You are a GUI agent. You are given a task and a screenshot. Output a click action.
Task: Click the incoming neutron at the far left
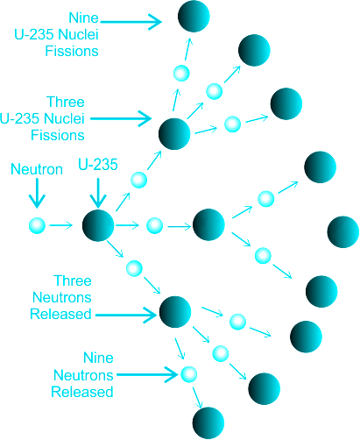click(37, 225)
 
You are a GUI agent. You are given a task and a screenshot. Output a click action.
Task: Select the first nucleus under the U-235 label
click(98, 225)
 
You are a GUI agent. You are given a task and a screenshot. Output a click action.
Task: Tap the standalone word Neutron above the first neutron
click(37, 169)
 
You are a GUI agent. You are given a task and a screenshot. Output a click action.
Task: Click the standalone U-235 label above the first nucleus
click(98, 165)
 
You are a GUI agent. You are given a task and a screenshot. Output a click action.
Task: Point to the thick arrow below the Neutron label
click(37, 193)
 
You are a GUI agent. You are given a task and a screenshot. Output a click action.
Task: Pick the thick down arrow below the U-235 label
click(98, 193)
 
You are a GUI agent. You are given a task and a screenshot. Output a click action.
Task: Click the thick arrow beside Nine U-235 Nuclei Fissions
click(131, 22)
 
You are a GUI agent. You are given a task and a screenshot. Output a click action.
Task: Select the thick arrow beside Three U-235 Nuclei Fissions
click(121, 118)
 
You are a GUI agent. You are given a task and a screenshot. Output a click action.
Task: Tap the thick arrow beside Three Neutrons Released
click(126, 315)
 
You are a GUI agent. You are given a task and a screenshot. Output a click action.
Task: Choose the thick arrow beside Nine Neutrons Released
click(147, 374)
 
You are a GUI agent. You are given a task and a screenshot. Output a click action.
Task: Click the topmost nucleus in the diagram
click(194, 16)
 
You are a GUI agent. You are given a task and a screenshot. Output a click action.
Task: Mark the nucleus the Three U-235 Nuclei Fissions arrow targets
click(174, 134)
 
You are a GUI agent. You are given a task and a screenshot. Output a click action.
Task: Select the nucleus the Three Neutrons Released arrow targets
click(175, 312)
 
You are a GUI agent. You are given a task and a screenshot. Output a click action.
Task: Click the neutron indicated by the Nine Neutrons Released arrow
click(188, 374)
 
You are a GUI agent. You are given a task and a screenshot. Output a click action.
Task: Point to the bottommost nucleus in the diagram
click(208, 423)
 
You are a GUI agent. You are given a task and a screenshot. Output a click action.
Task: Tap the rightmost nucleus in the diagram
click(343, 232)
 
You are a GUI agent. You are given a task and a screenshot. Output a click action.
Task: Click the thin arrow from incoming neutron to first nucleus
click(61, 225)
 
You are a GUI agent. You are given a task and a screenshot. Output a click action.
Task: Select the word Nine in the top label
click(84, 18)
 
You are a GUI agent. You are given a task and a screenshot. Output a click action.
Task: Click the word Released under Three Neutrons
click(60, 314)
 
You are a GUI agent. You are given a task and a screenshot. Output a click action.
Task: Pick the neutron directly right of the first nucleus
click(154, 225)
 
